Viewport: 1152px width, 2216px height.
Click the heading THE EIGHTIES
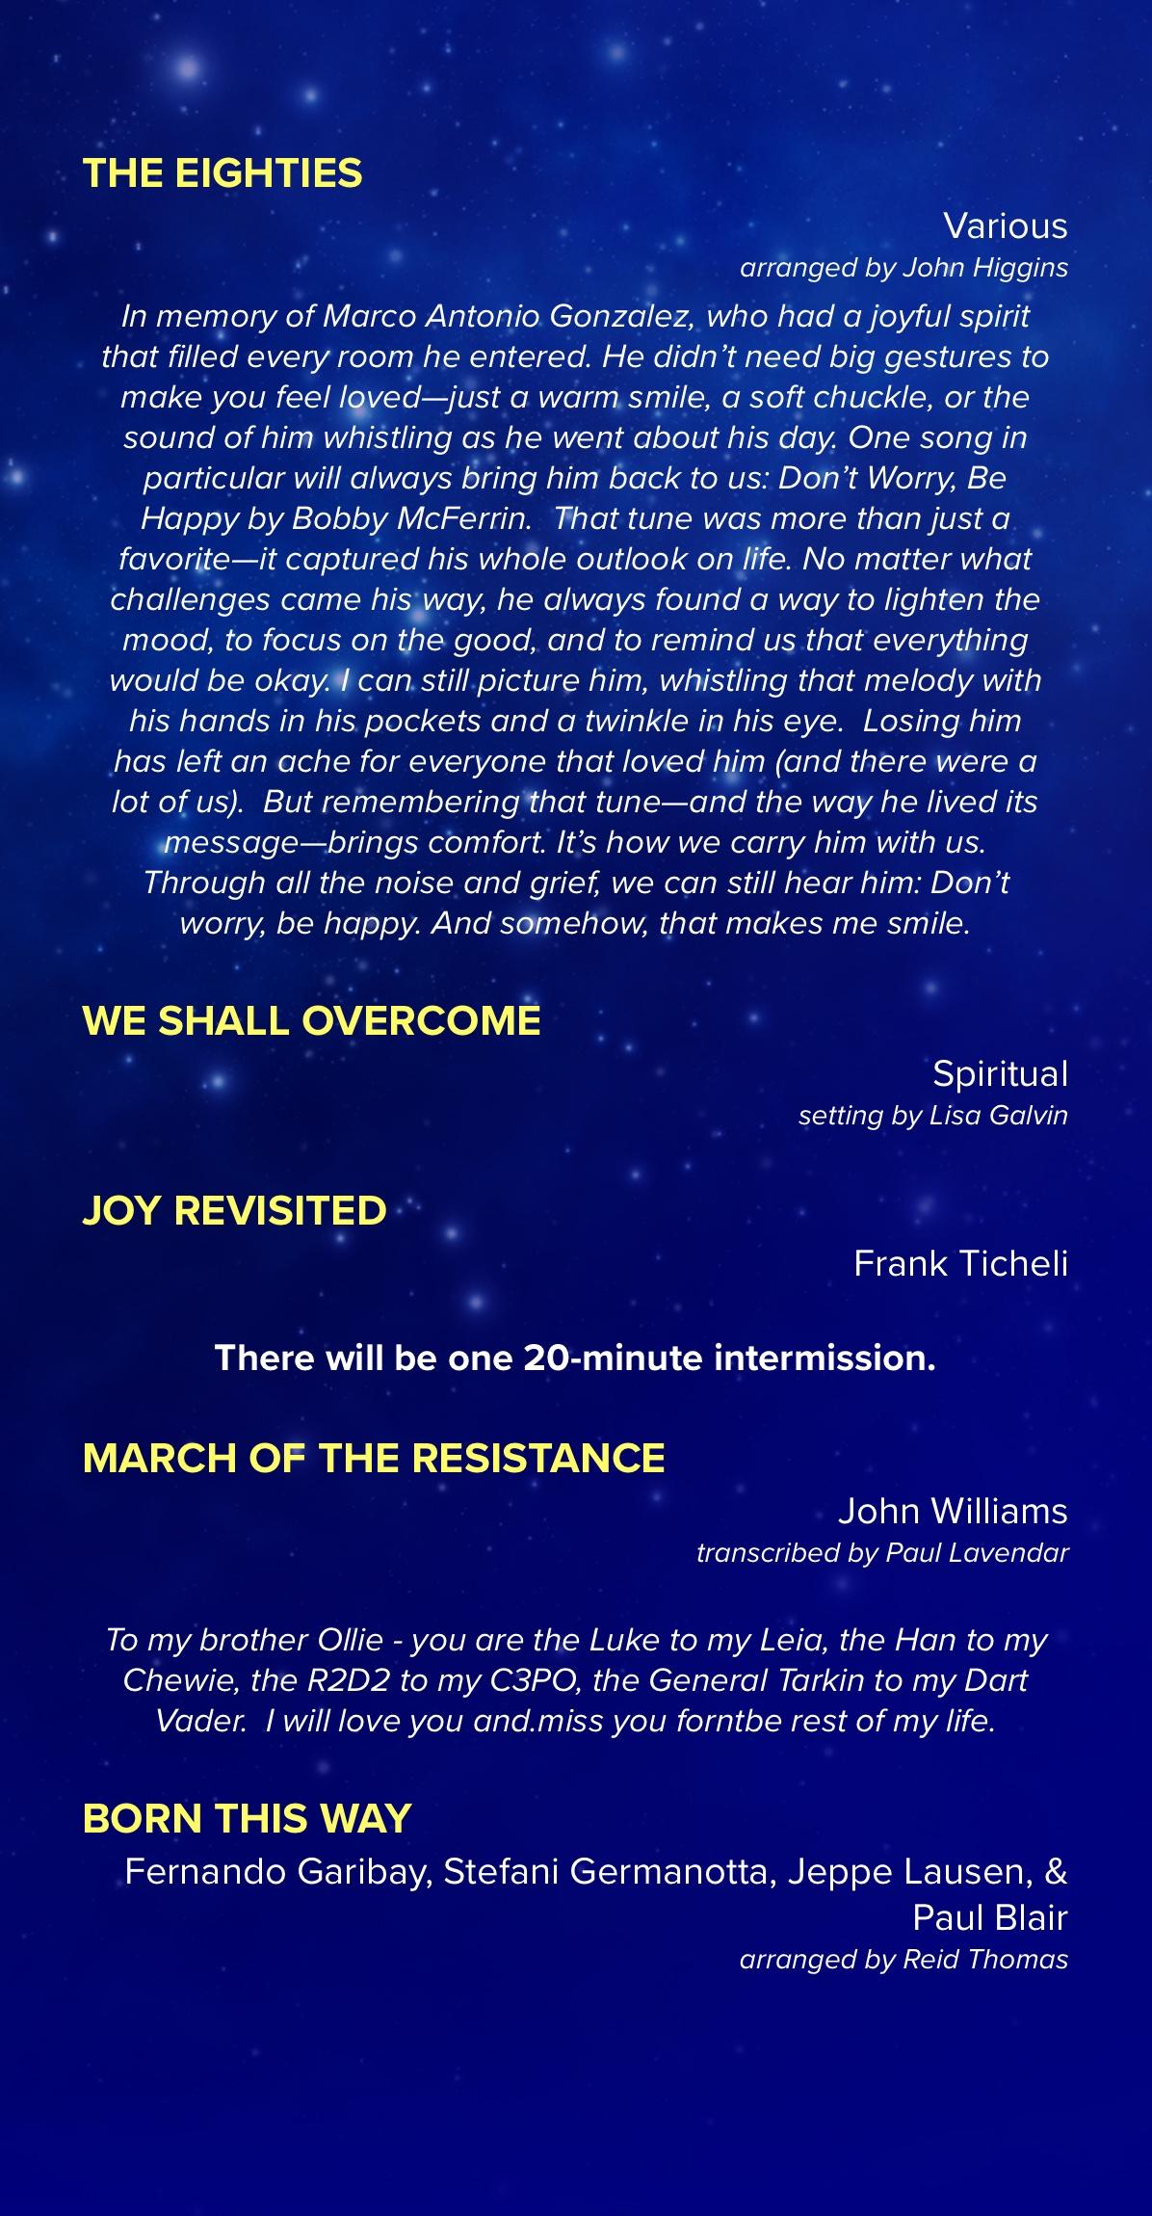click(223, 173)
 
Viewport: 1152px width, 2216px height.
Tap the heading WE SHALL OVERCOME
click(311, 1021)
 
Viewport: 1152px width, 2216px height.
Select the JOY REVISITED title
click(234, 1210)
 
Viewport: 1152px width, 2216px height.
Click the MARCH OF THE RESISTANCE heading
click(374, 1458)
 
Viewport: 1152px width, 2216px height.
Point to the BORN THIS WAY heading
click(247, 1818)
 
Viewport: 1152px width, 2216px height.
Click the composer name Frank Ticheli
click(960, 1263)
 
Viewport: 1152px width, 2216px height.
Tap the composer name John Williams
click(952, 1511)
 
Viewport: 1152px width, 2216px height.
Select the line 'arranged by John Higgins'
click(903, 268)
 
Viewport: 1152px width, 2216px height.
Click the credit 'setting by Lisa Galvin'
click(932, 1116)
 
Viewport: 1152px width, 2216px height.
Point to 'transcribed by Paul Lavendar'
click(882, 1553)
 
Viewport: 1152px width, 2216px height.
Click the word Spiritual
click(1000, 1073)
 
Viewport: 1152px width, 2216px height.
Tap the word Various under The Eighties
click(1006, 225)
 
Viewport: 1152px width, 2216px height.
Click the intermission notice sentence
click(575, 1358)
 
